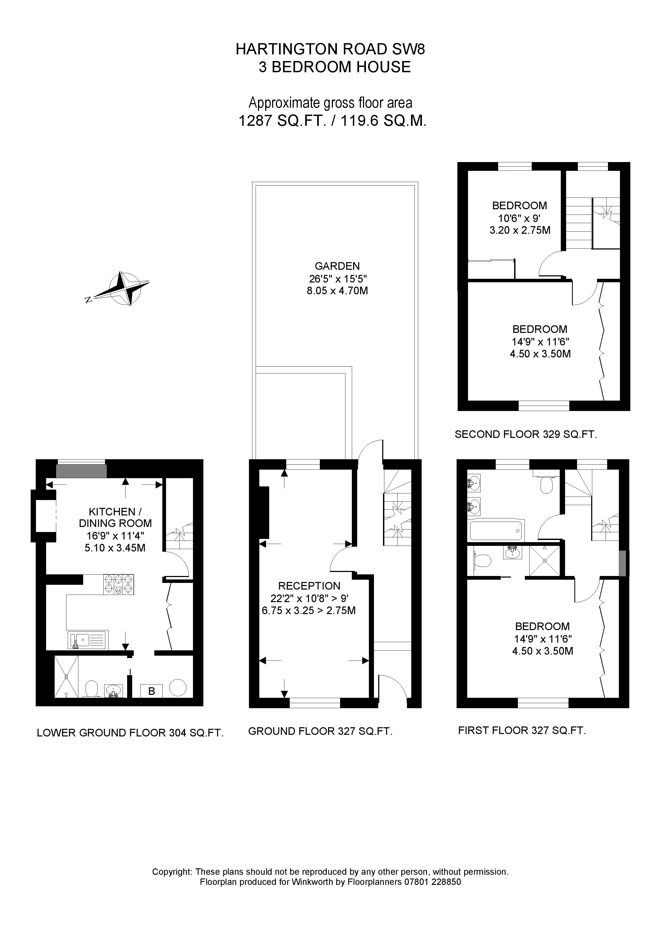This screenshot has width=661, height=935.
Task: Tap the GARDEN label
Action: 337,266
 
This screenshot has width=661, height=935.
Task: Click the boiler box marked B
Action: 151,691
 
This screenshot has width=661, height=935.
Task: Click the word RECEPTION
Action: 309,586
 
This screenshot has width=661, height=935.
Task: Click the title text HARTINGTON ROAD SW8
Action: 330,49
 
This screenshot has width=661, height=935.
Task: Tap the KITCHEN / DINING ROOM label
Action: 115,518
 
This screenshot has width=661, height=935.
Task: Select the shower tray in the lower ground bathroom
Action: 66,677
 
